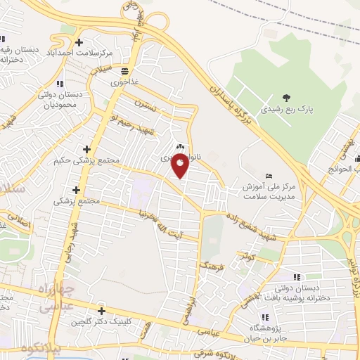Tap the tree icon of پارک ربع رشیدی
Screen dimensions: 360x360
[286, 98]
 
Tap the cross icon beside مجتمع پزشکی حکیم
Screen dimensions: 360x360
[86, 150]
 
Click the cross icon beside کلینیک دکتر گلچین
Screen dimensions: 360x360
[101, 311]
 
